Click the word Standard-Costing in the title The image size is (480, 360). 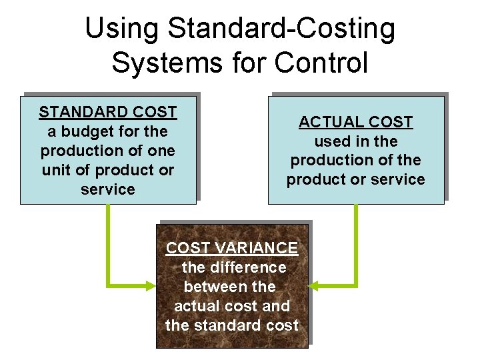[281, 29]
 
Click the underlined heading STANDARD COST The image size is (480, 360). [108, 112]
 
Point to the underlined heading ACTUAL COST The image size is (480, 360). [355, 122]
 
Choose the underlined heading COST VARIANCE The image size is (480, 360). [232, 248]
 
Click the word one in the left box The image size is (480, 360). [161, 151]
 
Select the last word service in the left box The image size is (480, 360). [108, 189]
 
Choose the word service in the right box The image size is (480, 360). [400, 179]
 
